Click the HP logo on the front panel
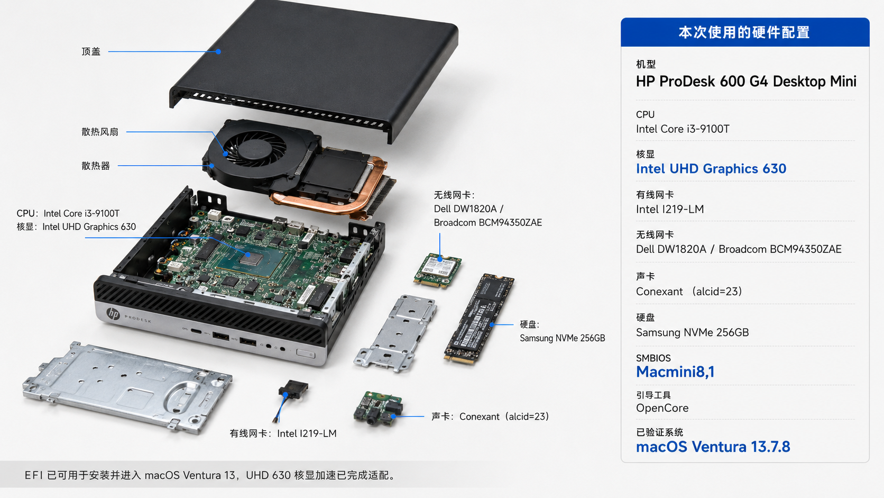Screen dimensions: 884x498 113,314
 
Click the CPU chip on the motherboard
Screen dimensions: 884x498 251,259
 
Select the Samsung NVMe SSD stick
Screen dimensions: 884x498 478,318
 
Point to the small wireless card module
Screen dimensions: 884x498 437,270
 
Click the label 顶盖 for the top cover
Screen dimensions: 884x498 91,52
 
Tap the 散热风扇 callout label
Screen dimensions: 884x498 100,132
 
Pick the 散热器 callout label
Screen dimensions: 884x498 96,166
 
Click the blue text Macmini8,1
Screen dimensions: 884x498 675,372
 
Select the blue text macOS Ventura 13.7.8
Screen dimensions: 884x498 713,447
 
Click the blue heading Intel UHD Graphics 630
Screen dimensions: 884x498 711,169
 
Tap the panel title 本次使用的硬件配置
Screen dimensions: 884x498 744,32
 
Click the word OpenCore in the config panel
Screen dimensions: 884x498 662,408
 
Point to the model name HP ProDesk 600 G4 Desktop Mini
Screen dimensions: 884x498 746,82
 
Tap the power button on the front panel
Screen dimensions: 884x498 306,354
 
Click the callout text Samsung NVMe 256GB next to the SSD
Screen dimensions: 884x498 563,338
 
